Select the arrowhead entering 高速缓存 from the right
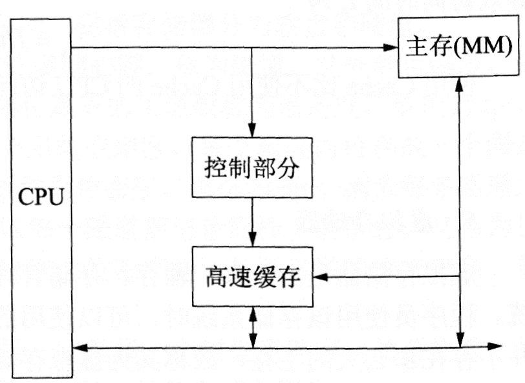[319, 277]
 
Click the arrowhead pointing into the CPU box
[79, 349]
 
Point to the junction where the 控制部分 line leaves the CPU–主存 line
[252, 47]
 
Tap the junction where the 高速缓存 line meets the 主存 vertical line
[459, 277]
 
